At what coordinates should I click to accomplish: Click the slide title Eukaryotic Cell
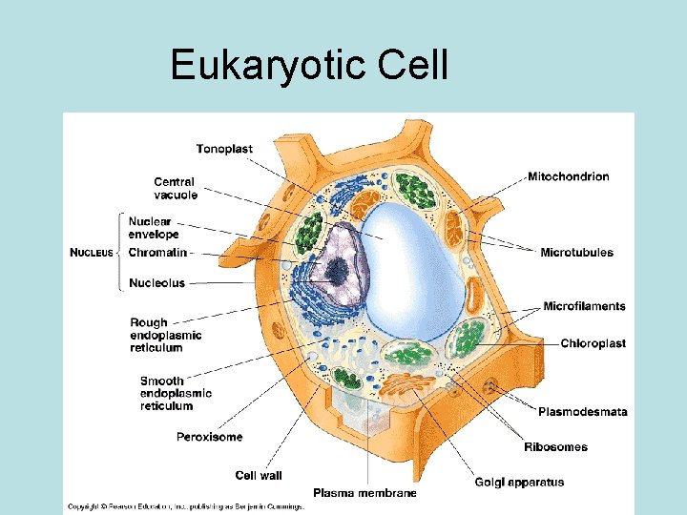click(x=308, y=65)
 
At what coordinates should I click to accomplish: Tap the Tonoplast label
click(x=225, y=148)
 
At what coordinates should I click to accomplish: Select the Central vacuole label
click(x=176, y=188)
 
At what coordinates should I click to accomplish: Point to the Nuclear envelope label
click(x=154, y=228)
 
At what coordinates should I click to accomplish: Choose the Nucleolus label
click(x=156, y=283)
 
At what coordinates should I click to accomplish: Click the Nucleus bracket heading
click(x=92, y=253)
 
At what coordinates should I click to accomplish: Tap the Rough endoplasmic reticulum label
click(x=165, y=335)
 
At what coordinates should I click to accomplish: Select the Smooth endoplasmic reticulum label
click(x=176, y=393)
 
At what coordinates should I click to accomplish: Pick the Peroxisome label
click(x=209, y=437)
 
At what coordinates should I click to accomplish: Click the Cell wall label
click(x=259, y=475)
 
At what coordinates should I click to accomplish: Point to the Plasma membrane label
click(x=364, y=493)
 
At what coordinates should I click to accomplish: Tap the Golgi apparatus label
click(x=519, y=482)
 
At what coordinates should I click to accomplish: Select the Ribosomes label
click(x=555, y=446)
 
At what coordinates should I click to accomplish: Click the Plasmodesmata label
click(x=582, y=412)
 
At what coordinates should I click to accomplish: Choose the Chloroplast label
click(x=593, y=343)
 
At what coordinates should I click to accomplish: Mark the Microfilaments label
click(x=584, y=306)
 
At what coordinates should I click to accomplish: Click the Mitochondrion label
click(x=568, y=176)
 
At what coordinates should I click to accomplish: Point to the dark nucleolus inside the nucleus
click(x=335, y=274)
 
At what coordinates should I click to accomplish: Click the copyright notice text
click(x=184, y=506)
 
